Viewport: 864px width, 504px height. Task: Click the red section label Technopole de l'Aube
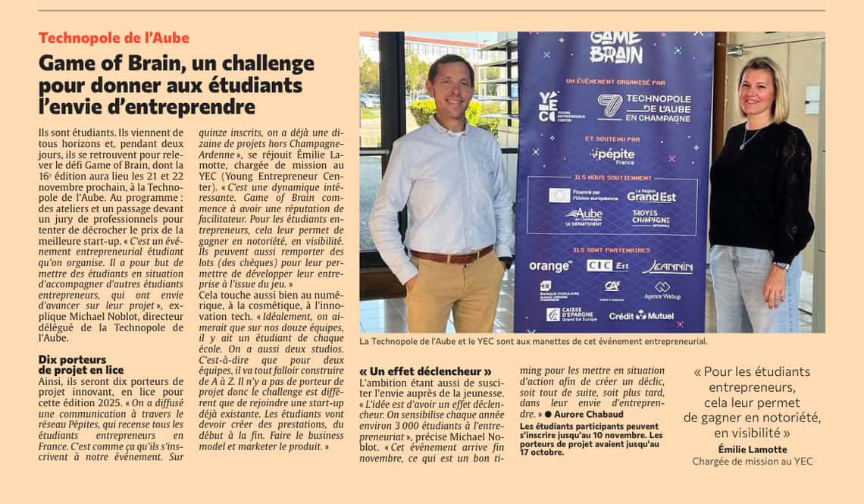pyautogui.click(x=114, y=38)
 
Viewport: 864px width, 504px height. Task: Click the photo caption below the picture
pyautogui.click(x=533, y=341)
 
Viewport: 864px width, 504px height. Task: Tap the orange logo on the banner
pyautogui.click(x=550, y=266)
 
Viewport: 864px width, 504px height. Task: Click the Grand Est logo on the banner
pyautogui.click(x=651, y=196)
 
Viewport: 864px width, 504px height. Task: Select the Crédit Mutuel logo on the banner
pyautogui.click(x=641, y=315)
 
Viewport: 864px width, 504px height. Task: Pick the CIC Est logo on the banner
pyautogui.click(x=607, y=266)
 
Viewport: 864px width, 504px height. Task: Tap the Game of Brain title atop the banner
pyautogui.click(x=615, y=46)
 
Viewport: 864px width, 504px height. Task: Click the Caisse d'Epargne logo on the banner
pyautogui.click(x=570, y=314)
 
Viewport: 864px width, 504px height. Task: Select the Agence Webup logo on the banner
pyautogui.click(x=662, y=291)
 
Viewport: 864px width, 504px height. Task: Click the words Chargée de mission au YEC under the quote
pyautogui.click(x=752, y=462)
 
